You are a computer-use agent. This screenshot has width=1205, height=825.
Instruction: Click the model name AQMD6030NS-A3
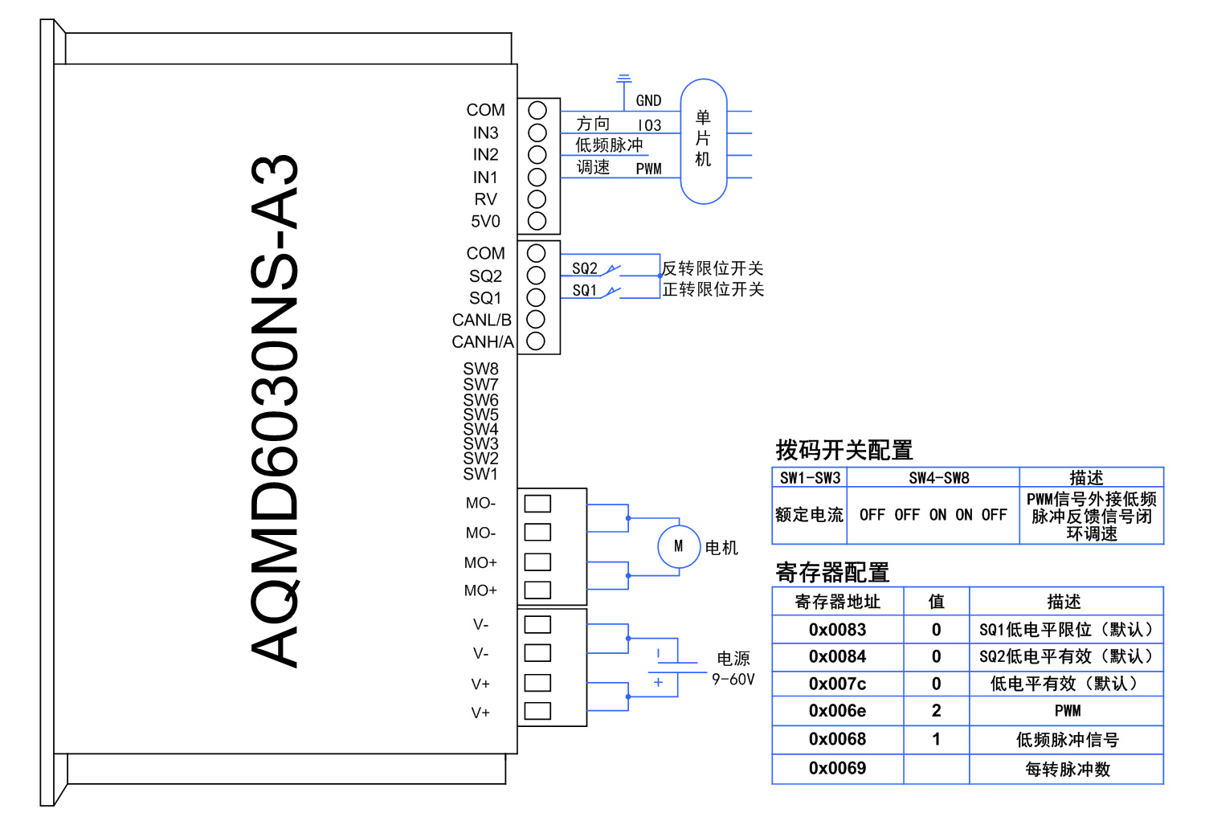tap(275, 410)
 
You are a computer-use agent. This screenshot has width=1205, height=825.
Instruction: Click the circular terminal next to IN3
tap(537, 133)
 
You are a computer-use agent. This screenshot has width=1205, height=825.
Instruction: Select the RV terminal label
tap(485, 199)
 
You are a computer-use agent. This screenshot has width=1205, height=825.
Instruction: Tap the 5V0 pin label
tap(485, 221)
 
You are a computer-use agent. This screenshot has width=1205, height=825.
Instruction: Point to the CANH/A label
tap(482, 342)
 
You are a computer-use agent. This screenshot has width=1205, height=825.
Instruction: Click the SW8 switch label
tap(480, 369)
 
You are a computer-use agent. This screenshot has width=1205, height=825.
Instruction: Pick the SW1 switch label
tap(480, 474)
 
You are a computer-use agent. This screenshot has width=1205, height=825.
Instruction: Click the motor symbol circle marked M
tap(679, 546)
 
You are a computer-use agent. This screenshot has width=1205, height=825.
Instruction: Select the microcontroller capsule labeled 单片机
tap(704, 141)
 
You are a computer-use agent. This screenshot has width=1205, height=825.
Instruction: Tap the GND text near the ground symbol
tap(648, 100)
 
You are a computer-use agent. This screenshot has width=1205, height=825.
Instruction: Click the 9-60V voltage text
tap(733, 679)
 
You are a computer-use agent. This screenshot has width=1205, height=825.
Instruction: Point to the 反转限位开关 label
tap(713, 268)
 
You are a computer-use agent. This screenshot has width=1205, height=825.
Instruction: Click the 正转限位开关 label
tap(713, 289)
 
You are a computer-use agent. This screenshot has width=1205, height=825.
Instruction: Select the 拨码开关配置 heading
tap(843, 450)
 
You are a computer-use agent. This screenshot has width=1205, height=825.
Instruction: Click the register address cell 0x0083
tap(837, 630)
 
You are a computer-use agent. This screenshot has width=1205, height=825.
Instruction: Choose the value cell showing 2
tap(936, 711)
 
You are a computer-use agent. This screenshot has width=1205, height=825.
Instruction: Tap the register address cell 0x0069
tap(837, 769)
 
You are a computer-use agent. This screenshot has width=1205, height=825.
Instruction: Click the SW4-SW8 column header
tap(939, 478)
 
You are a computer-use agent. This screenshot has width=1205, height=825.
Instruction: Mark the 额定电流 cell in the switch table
tap(809, 515)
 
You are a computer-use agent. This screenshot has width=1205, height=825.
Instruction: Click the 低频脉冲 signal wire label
tap(609, 145)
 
